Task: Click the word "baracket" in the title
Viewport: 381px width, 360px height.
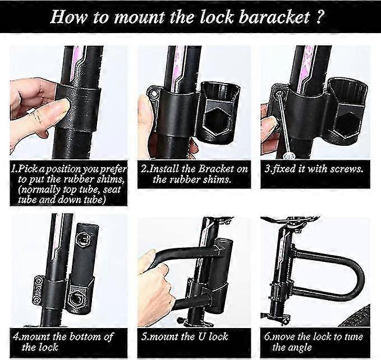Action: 274,17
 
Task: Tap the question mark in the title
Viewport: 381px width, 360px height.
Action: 320,17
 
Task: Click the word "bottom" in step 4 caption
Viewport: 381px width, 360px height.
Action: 87,336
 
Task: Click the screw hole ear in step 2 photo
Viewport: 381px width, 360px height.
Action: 153,93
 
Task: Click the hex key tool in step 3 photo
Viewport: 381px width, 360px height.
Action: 283,123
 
